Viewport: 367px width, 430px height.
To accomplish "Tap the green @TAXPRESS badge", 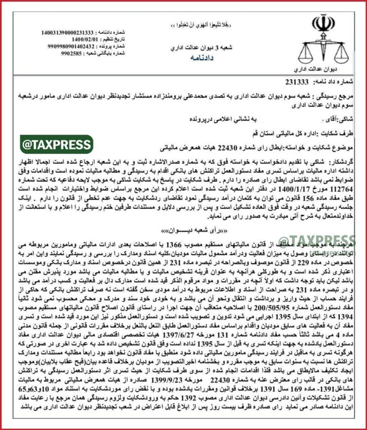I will point(56,144).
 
